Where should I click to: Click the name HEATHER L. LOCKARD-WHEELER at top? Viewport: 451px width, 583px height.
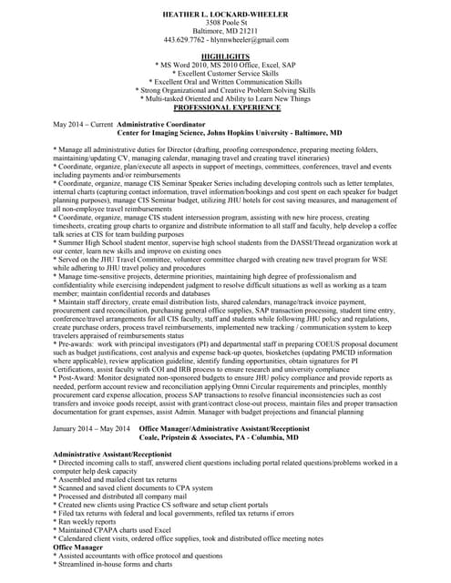225,16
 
